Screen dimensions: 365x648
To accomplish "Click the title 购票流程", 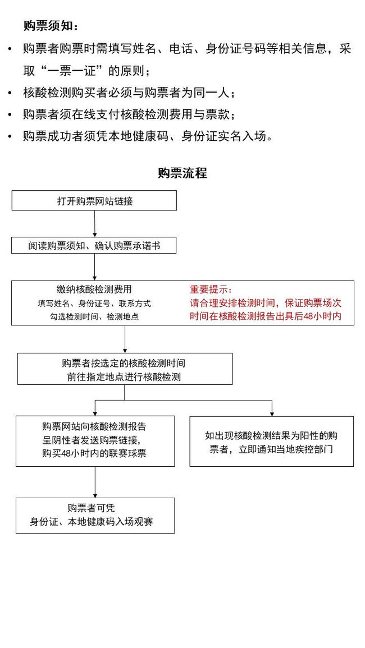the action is pos(182,173).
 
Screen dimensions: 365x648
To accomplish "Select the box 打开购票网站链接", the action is pos(94,200).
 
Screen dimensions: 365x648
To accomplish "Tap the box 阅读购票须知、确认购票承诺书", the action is pos(94,246).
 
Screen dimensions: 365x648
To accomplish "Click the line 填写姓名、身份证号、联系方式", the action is pos(94,304).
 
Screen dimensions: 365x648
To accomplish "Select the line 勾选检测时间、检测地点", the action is pos(94,317).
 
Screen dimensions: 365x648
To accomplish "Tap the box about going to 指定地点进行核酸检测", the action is pos(125,369).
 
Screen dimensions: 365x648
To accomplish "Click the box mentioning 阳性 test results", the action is pos(271,442).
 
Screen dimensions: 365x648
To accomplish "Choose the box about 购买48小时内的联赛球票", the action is pos(95,442).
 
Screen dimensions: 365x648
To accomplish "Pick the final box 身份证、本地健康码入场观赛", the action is pos(95,516).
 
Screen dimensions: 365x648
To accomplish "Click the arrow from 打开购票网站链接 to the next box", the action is pos(95,224).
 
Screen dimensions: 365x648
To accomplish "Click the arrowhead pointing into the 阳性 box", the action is pos(272,413).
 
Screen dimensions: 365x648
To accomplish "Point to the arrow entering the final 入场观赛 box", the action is pos(95,482).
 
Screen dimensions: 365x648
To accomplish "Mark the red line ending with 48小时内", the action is pos(265,316).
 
